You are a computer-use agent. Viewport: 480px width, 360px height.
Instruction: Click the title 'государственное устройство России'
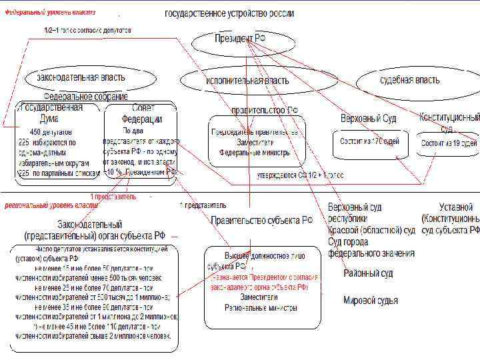coord(230,14)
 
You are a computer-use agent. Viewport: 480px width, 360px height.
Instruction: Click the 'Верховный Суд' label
coord(369,118)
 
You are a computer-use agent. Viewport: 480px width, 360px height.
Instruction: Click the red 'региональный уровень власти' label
coord(53,205)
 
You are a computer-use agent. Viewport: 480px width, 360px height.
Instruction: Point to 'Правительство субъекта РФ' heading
coord(261,220)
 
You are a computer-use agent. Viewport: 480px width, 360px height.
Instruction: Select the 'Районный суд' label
coord(368,273)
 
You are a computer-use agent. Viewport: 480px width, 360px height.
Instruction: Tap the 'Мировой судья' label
coord(371,301)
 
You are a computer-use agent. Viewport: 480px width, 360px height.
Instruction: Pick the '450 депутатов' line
coord(49,131)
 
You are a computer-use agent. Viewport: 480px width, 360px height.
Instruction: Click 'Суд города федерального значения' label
coord(371,247)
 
